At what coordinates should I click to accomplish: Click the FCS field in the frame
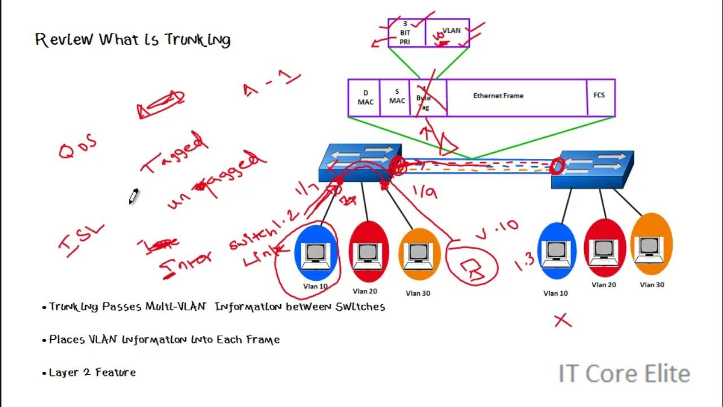pos(600,97)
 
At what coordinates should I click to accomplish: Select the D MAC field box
pos(365,97)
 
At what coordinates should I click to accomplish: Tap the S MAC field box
pos(397,97)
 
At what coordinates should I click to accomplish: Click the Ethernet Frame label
pos(498,96)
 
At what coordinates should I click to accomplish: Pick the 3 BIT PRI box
pos(406,33)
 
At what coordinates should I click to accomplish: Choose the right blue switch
pos(593,170)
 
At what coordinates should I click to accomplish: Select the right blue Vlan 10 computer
pos(556,252)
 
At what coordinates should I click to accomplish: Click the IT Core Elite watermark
pos(624,374)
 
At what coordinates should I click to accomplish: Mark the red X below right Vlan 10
pos(563,321)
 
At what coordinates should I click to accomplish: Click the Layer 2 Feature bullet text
pos(92,373)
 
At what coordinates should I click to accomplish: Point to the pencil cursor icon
pos(133,197)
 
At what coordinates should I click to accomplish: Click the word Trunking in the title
pos(197,40)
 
